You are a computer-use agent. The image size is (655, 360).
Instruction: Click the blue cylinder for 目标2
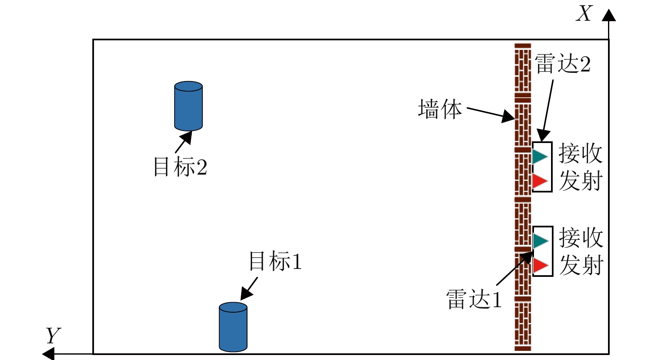pyautogui.click(x=188, y=106)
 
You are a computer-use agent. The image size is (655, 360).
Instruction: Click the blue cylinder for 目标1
pyautogui.click(x=233, y=327)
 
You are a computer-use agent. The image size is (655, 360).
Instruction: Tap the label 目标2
pyautogui.click(x=180, y=167)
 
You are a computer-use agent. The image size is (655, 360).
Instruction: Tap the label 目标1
pyautogui.click(x=275, y=261)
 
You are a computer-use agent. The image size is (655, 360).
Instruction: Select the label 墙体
pyautogui.click(x=440, y=109)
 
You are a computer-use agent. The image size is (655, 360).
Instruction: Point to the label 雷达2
pyautogui.click(x=562, y=64)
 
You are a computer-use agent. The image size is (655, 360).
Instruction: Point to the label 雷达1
pyautogui.click(x=474, y=299)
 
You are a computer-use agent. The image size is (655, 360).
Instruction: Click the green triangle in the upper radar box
pyautogui.click(x=539, y=157)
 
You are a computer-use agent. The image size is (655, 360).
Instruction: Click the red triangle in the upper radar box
pyautogui.click(x=539, y=181)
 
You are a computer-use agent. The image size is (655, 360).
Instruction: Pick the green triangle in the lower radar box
pyautogui.click(x=540, y=241)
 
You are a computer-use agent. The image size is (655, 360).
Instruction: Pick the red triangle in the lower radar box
pyautogui.click(x=540, y=265)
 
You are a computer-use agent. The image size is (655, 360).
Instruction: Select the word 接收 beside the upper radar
pyautogui.click(x=581, y=153)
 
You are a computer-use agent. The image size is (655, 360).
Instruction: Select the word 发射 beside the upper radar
pyautogui.click(x=581, y=181)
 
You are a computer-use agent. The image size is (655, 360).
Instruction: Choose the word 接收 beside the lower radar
pyautogui.click(x=581, y=238)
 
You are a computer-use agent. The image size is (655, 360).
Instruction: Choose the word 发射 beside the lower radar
pyautogui.click(x=581, y=265)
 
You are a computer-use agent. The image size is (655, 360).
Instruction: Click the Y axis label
pyautogui.click(x=53, y=335)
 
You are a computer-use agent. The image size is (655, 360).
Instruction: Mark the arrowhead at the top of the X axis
pyautogui.click(x=609, y=15)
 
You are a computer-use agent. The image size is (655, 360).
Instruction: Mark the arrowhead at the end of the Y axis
pyautogui.click(x=49, y=354)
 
